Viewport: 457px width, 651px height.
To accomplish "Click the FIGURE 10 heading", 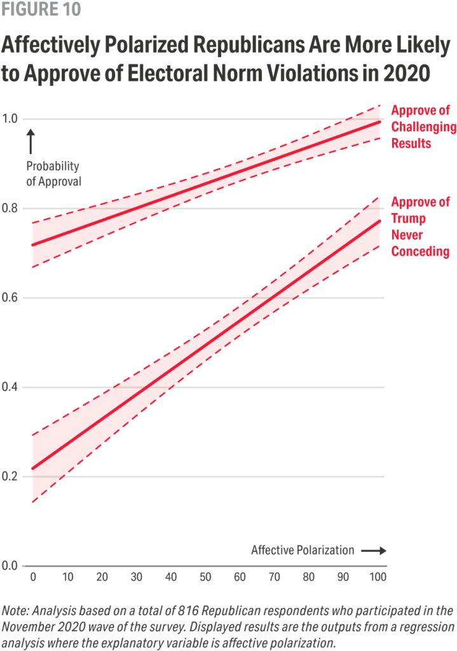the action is (41, 9).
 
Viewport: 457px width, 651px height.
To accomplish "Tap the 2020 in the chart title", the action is (406, 73).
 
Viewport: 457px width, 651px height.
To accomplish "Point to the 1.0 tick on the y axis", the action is (10, 119).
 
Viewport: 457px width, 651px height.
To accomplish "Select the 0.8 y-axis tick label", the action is (10, 208).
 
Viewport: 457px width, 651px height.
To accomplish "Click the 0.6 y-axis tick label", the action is (10, 298).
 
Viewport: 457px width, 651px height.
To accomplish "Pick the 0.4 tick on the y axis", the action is (10, 387).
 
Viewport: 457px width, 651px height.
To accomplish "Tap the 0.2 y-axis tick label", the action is (10, 476).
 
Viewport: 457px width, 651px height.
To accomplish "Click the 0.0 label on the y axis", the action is (10, 565).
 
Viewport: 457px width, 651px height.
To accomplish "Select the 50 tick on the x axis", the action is (205, 577).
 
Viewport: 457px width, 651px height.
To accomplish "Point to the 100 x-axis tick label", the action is (378, 577).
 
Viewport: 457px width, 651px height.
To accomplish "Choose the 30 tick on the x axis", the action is (137, 577).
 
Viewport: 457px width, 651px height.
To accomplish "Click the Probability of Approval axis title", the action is (53, 174).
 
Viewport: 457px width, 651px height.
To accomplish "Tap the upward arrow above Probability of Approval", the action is (31, 141).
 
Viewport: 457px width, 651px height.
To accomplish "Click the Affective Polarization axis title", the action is (303, 550).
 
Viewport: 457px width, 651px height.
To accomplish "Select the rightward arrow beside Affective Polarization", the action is (374, 551).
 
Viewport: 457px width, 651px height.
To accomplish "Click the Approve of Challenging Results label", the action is (423, 127).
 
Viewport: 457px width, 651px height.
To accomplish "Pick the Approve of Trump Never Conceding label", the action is (421, 227).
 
